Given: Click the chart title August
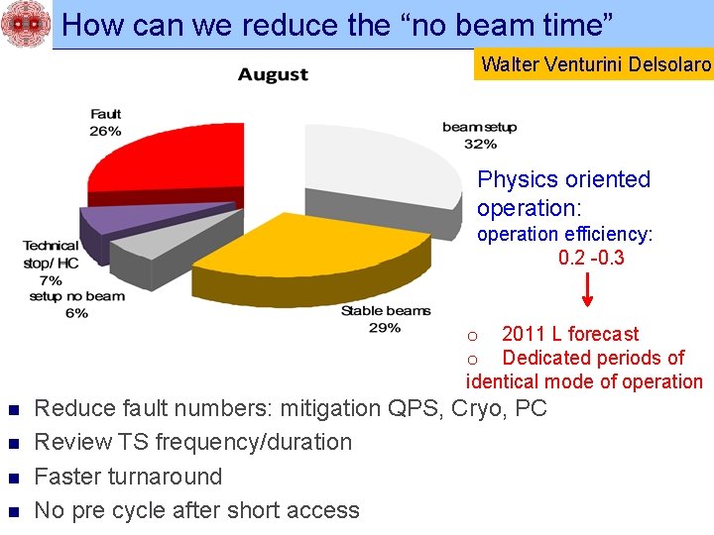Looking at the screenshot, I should pyautogui.click(x=273, y=74).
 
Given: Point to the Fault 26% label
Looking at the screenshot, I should pyautogui.click(x=105, y=123).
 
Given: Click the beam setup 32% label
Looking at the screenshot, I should pyautogui.click(x=479, y=135).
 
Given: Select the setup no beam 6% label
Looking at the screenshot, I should pyautogui.click(x=77, y=304).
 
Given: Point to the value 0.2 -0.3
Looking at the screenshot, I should pyautogui.click(x=591, y=259).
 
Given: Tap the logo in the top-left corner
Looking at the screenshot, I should pyautogui.click(x=24, y=24).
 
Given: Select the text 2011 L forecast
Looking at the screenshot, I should pyautogui.click(x=570, y=334).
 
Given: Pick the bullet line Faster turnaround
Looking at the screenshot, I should pyautogui.click(x=128, y=477).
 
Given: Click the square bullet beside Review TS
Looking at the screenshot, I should pyautogui.click(x=13, y=444).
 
